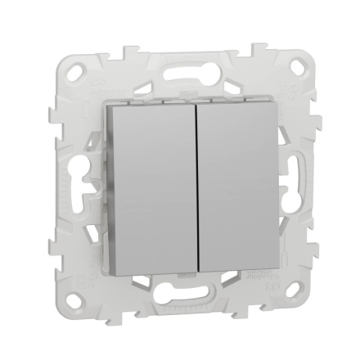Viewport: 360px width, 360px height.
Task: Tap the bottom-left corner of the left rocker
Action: click(x=117, y=279)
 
